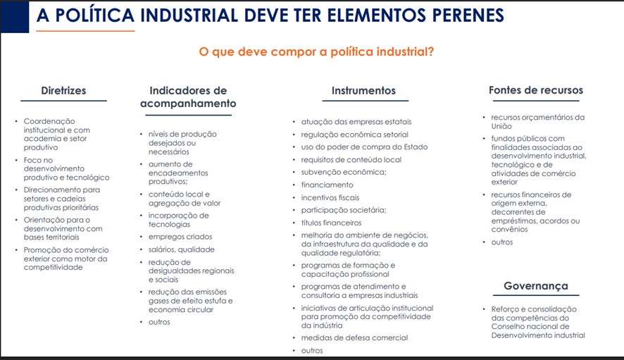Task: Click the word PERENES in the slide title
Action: point(468,15)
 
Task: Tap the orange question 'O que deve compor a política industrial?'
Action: point(316,51)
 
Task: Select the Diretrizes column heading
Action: point(63,90)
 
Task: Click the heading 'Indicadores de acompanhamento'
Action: point(188,97)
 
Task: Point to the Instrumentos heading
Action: point(363,90)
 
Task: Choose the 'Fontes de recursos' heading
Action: point(536,90)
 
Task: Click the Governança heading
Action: point(536,286)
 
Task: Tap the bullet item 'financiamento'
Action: point(327,185)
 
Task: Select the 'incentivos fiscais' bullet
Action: point(330,197)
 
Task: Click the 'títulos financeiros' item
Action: point(332,223)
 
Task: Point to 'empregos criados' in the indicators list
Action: point(180,237)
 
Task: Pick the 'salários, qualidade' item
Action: point(182,249)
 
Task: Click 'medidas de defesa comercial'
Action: point(354,337)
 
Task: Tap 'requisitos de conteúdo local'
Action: point(351,160)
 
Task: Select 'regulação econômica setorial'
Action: point(354,135)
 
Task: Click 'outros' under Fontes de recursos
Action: point(502,242)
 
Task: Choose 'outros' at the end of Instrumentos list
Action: point(312,350)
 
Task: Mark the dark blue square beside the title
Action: point(15,17)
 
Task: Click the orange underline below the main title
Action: point(85,31)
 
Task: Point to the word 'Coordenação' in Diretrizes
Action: point(49,121)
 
